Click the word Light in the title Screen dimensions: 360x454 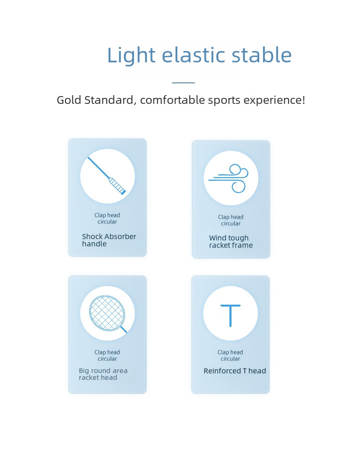pyautogui.click(x=131, y=55)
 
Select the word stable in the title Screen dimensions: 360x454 pyautogui.click(x=262, y=55)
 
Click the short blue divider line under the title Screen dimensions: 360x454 pyautogui.click(x=183, y=83)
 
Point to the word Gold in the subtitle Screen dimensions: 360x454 pyautogui.click(x=69, y=100)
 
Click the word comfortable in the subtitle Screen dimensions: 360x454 pyautogui.click(x=172, y=100)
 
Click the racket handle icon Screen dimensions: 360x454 pyautogui.click(x=107, y=176)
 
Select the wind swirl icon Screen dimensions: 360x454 pyautogui.click(x=228, y=179)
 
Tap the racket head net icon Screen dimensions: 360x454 pyautogui.click(x=108, y=314)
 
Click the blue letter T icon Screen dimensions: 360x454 pyautogui.click(x=231, y=316)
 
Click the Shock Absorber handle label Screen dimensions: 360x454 pyautogui.click(x=109, y=240)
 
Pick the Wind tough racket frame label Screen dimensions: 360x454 pyautogui.click(x=231, y=241)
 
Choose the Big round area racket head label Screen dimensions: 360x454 pyautogui.click(x=103, y=374)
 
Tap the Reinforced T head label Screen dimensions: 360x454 pyautogui.click(x=235, y=371)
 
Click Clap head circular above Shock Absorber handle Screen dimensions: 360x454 pyautogui.click(x=107, y=218)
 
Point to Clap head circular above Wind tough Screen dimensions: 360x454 pyautogui.click(x=231, y=220)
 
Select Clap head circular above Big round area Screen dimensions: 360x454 pyautogui.click(x=107, y=355)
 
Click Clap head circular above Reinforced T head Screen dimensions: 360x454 pyautogui.click(x=231, y=355)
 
